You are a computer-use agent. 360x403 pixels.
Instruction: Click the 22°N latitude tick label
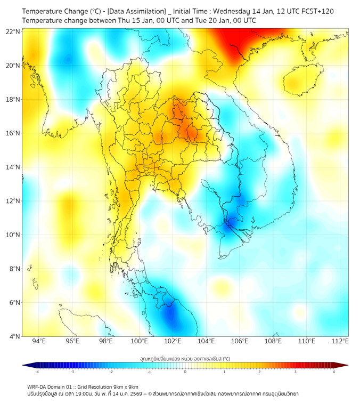pyautogui.click(x=13, y=32)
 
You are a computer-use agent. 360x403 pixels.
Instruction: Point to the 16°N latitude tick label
pyautogui.click(x=13, y=133)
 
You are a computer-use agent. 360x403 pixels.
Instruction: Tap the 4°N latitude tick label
pyautogui.click(x=14, y=336)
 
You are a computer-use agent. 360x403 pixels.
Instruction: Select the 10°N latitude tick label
pyautogui.click(x=13, y=235)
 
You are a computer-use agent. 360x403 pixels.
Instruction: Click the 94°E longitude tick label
pyautogui.click(x=39, y=342)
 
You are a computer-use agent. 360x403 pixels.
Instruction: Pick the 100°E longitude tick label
pyautogui.click(x=140, y=342)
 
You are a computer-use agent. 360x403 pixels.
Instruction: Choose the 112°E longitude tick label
pyautogui.click(x=340, y=342)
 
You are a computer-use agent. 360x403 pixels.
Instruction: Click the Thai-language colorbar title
pyautogui.click(x=185, y=359)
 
